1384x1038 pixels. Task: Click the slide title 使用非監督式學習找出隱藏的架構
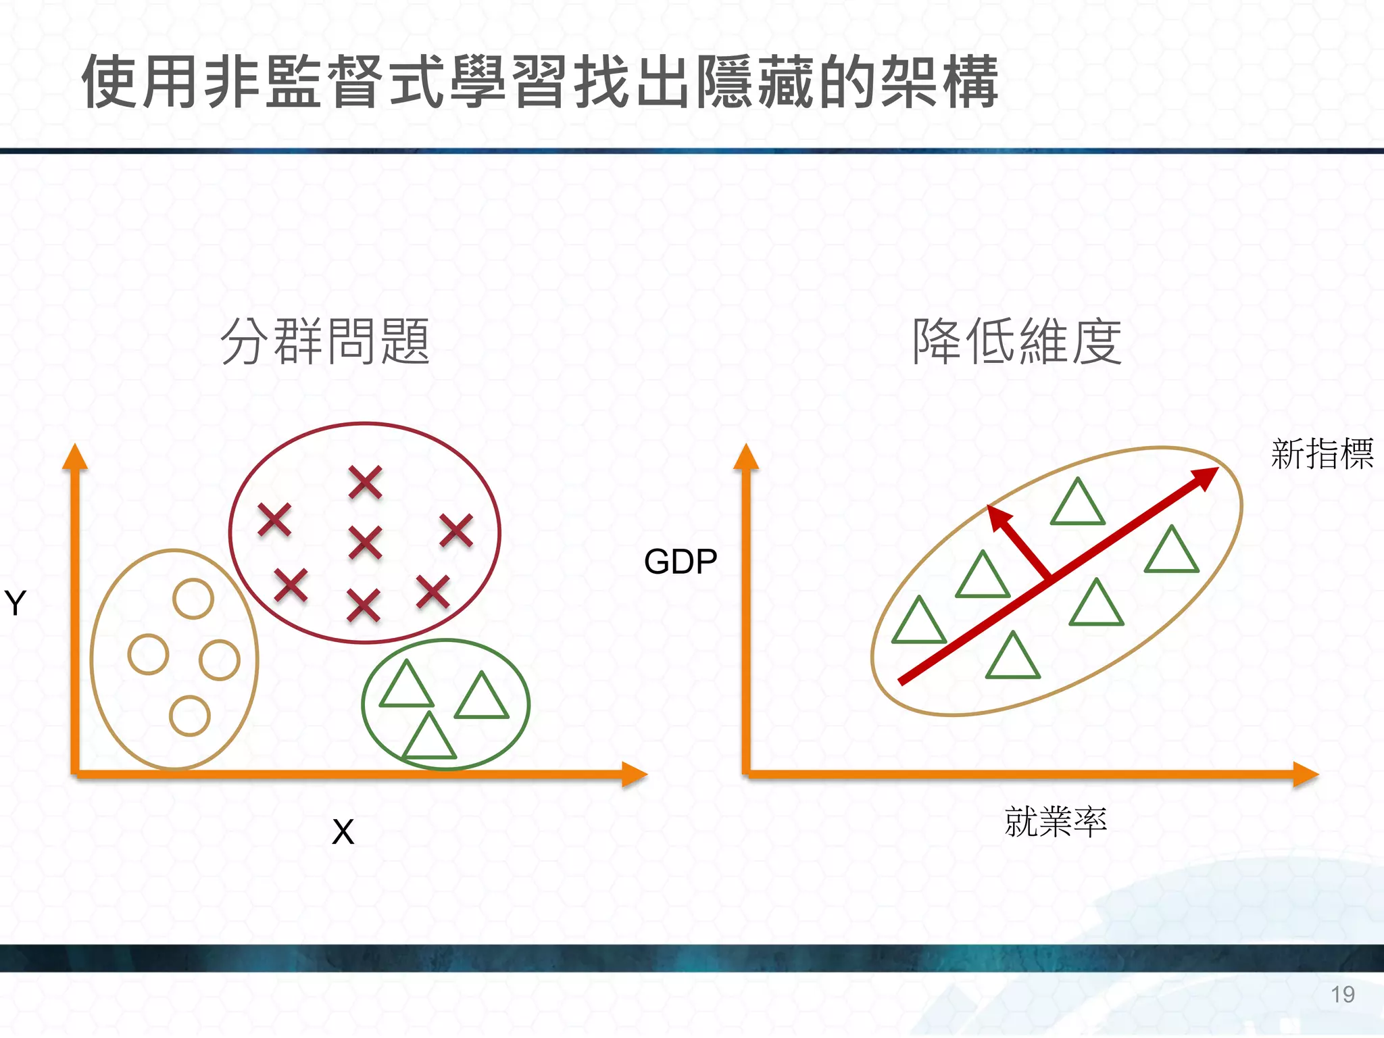(539, 82)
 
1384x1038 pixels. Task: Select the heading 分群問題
(325, 342)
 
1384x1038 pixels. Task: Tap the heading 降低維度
(1016, 342)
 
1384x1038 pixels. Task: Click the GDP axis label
(680, 562)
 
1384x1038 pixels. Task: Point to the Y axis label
(15, 602)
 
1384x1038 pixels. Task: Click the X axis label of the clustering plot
(343, 832)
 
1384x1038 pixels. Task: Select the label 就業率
(1055, 822)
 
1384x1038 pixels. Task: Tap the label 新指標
(1322, 453)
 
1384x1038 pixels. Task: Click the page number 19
(1343, 995)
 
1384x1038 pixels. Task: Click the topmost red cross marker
(366, 483)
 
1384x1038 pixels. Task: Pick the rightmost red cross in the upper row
(456, 530)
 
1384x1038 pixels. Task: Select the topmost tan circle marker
(193, 599)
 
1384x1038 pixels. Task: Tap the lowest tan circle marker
(190, 716)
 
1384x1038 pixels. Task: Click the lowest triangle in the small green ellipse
(429, 739)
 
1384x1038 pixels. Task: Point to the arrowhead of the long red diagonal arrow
(1205, 477)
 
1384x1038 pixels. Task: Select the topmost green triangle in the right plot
(1078, 504)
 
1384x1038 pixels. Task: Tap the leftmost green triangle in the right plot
(918, 622)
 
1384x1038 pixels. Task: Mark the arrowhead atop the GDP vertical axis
(746, 457)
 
